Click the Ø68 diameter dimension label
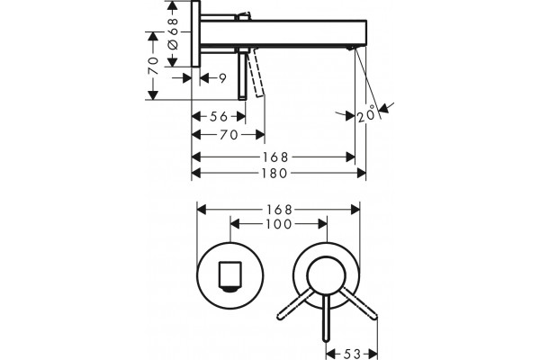pyautogui.click(x=173, y=33)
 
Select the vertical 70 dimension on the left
pyautogui.click(x=153, y=66)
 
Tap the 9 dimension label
pyautogui.click(x=223, y=78)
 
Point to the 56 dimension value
pyautogui.click(x=219, y=116)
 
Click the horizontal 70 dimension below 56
pyautogui.click(x=229, y=135)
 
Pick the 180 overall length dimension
pyautogui.click(x=274, y=174)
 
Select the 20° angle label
pyautogui.click(x=366, y=114)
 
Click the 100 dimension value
pyautogui.click(x=279, y=224)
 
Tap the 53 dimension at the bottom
pyautogui.click(x=352, y=354)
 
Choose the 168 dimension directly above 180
pyautogui.click(x=275, y=157)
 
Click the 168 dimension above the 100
pyautogui.click(x=279, y=210)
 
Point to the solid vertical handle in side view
pyautogui.click(x=242, y=74)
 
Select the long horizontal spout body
pyautogui.click(x=283, y=32)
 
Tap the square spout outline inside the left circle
pyautogui.click(x=230, y=274)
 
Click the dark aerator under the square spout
pyautogui.click(x=230, y=290)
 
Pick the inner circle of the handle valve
pyautogui.click(x=326, y=276)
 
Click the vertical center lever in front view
pyautogui.click(x=326, y=318)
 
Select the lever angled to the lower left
pyautogui.click(x=295, y=304)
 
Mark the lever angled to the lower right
pyautogui.click(x=359, y=304)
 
